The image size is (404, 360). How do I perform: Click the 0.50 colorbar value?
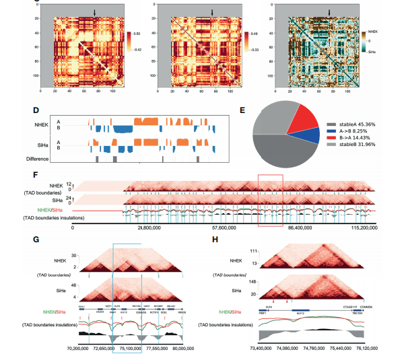point(137,32)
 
